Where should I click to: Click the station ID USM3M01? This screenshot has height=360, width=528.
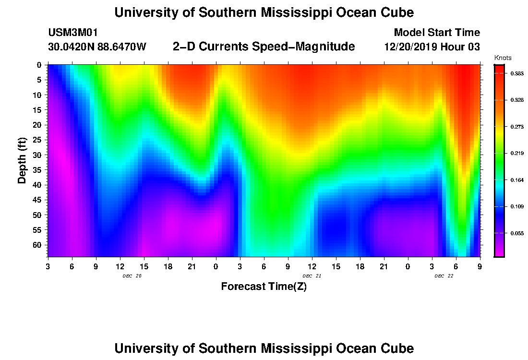coord(72,33)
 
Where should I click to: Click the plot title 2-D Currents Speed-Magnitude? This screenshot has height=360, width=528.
coord(264,47)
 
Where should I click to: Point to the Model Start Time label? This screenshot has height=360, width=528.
coord(436,33)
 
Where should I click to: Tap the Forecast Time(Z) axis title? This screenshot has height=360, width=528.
coord(264,287)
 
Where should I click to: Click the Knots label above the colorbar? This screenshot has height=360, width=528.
coord(503,58)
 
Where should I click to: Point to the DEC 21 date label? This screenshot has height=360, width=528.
coord(312,276)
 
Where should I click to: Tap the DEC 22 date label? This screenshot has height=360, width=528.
coord(444,276)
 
